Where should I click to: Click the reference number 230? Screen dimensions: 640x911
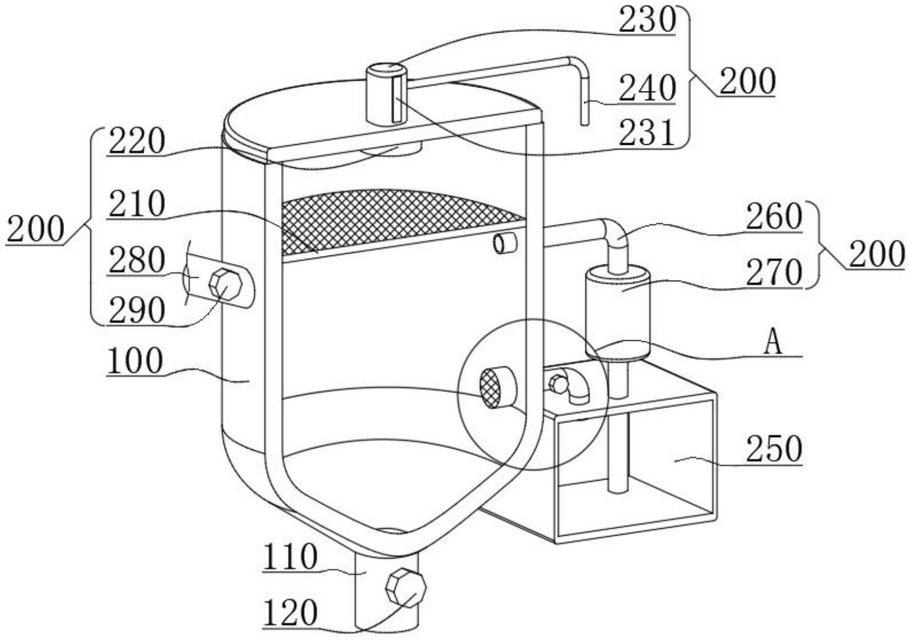[x=647, y=21]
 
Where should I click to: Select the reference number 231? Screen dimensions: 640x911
[x=647, y=134]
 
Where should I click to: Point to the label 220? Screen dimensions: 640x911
[x=138, y=141]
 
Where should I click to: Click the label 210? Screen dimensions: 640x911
[x=138, y=205]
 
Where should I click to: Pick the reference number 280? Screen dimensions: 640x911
[x=138, y=262]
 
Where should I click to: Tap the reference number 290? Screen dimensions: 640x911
[x=138, y=310]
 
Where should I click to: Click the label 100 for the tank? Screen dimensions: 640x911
[x=135, y=361]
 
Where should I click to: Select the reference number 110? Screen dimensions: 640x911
[x=290, y=559]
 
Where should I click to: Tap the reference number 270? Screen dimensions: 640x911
[x=774, y=274]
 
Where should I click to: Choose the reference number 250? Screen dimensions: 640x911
[x=774, y=449]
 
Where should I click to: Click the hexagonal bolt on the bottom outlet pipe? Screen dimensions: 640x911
[x=405, y=588]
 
